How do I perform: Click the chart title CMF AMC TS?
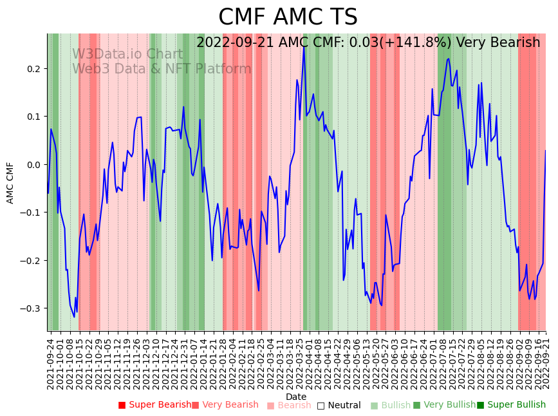[x=288, y=17]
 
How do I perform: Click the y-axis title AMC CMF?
[x=10, y=183]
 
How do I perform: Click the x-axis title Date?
[x=296, y=397]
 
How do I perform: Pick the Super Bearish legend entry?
[x=154, y=405]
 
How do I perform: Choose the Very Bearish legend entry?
[x=225, y=405]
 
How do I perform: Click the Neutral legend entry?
[x=339, y=405]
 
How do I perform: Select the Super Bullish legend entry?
[x=511, y=405]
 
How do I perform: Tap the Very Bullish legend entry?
[x=444, y=405]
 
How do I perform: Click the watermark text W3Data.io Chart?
[x=127, y=54]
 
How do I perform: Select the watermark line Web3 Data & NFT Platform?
[x=162, y=69]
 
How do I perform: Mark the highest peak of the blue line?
[x=304, y=46]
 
